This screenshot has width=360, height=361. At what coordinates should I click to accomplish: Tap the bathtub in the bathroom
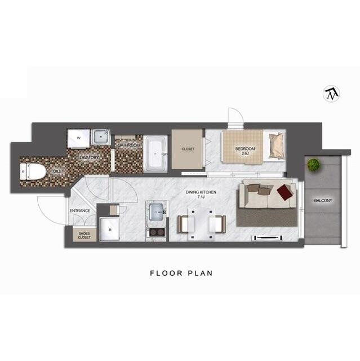[155, 154]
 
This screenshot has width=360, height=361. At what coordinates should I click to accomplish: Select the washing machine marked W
[79, 137]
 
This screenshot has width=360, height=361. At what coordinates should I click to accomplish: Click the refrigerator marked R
[110, 229]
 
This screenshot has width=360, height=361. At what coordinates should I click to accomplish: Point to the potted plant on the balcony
[313, 165]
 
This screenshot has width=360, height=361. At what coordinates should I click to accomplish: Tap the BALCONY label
[323, 201]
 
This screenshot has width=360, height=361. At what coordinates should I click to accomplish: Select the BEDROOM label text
[245, 149]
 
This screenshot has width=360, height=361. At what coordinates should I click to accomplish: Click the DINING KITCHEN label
[201, 193]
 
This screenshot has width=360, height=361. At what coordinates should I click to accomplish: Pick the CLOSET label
[188, 149]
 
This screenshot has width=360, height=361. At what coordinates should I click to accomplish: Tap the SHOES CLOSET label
[85, 235]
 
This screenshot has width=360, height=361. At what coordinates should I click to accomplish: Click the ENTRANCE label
[80, 210]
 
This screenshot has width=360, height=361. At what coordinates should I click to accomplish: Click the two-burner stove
[155, 232]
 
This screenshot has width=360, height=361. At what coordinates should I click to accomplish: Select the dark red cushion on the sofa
[285, 193]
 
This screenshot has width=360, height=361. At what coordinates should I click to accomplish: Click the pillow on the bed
[277, 145]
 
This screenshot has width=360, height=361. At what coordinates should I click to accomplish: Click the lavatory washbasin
[102, 136]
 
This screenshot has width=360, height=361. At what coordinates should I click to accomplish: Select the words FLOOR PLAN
[180, 273]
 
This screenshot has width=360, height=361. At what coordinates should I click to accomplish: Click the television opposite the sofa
[269, 238]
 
